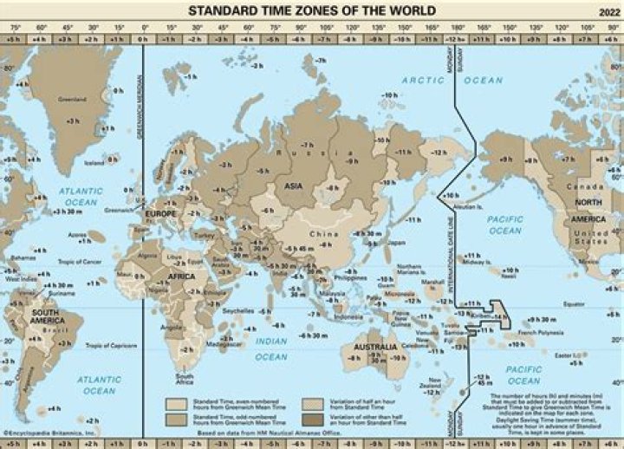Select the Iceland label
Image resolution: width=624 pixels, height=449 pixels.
coord(94,161)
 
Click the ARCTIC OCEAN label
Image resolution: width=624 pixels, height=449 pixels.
coord(452,80)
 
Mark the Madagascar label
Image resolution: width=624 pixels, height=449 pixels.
coord(226,344)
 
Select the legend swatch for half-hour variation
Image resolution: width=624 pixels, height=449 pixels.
coord(310,405)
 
